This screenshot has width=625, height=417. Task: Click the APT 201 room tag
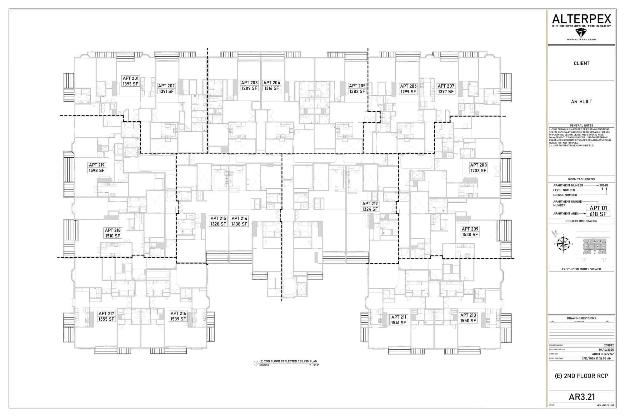coord(131,79)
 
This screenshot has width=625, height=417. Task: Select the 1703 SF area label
coord(478,171)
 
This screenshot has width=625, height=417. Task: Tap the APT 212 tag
coord(370,204)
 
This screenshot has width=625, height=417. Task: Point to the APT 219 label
coord(97,165)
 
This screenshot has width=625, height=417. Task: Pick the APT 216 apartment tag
coord(178,313)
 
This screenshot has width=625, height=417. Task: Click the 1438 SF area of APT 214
coord(239,224)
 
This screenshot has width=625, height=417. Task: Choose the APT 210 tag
coord(468,315)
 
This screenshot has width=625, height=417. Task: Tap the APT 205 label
coord(357,86)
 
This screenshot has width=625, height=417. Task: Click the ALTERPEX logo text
coord(581,19)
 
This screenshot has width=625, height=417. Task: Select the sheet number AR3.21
coord(582,397)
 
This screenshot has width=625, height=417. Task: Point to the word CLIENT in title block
coord(581,64)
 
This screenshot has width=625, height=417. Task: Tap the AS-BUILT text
coord(581,102)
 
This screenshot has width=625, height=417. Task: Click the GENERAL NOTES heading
coord(581,125)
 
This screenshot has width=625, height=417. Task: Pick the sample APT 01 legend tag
coord(598,208)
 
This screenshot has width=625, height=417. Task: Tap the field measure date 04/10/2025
coord(606,350)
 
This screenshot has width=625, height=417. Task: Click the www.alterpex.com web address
coord(581,40)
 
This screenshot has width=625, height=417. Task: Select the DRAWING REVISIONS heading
coord(581,318)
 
